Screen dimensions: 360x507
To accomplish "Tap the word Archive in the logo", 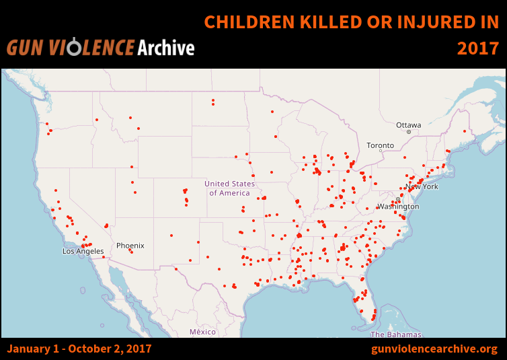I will coord(165,48).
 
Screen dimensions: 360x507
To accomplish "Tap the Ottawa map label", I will coord(408,125).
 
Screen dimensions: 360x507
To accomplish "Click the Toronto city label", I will coord(380,145).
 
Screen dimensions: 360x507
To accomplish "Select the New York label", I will coord(422,186).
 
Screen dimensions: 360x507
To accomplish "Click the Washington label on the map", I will coord(398,206).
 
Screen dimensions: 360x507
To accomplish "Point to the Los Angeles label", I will coord(83,251).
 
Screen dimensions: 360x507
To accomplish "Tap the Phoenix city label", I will coord(130,246).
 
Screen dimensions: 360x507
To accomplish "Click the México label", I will coord(202,332).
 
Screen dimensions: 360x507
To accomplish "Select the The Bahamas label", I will coord(396,334).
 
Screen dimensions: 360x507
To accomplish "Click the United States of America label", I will coord(230,188).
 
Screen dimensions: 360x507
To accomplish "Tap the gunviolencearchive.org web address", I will coord(434,349).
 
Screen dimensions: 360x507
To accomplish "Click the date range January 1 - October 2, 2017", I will coord(79,349).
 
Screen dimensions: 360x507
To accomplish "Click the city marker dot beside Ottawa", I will coord(408,132).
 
